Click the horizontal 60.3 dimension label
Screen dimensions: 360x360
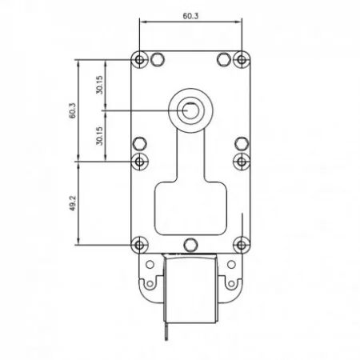pos(190,16)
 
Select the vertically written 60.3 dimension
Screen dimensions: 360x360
pos(73,111)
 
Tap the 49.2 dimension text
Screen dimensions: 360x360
pos(73,203)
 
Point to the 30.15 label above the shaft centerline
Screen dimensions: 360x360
pos(99,85)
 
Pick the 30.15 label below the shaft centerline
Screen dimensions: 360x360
pos(99,136)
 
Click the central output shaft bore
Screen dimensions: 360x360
pos(190,110)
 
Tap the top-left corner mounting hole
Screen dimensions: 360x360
pos(139,59)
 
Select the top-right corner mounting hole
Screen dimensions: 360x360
pos(242,59)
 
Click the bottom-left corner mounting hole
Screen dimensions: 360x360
pos(139,245)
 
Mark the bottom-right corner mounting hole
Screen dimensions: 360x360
pos(242,245)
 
